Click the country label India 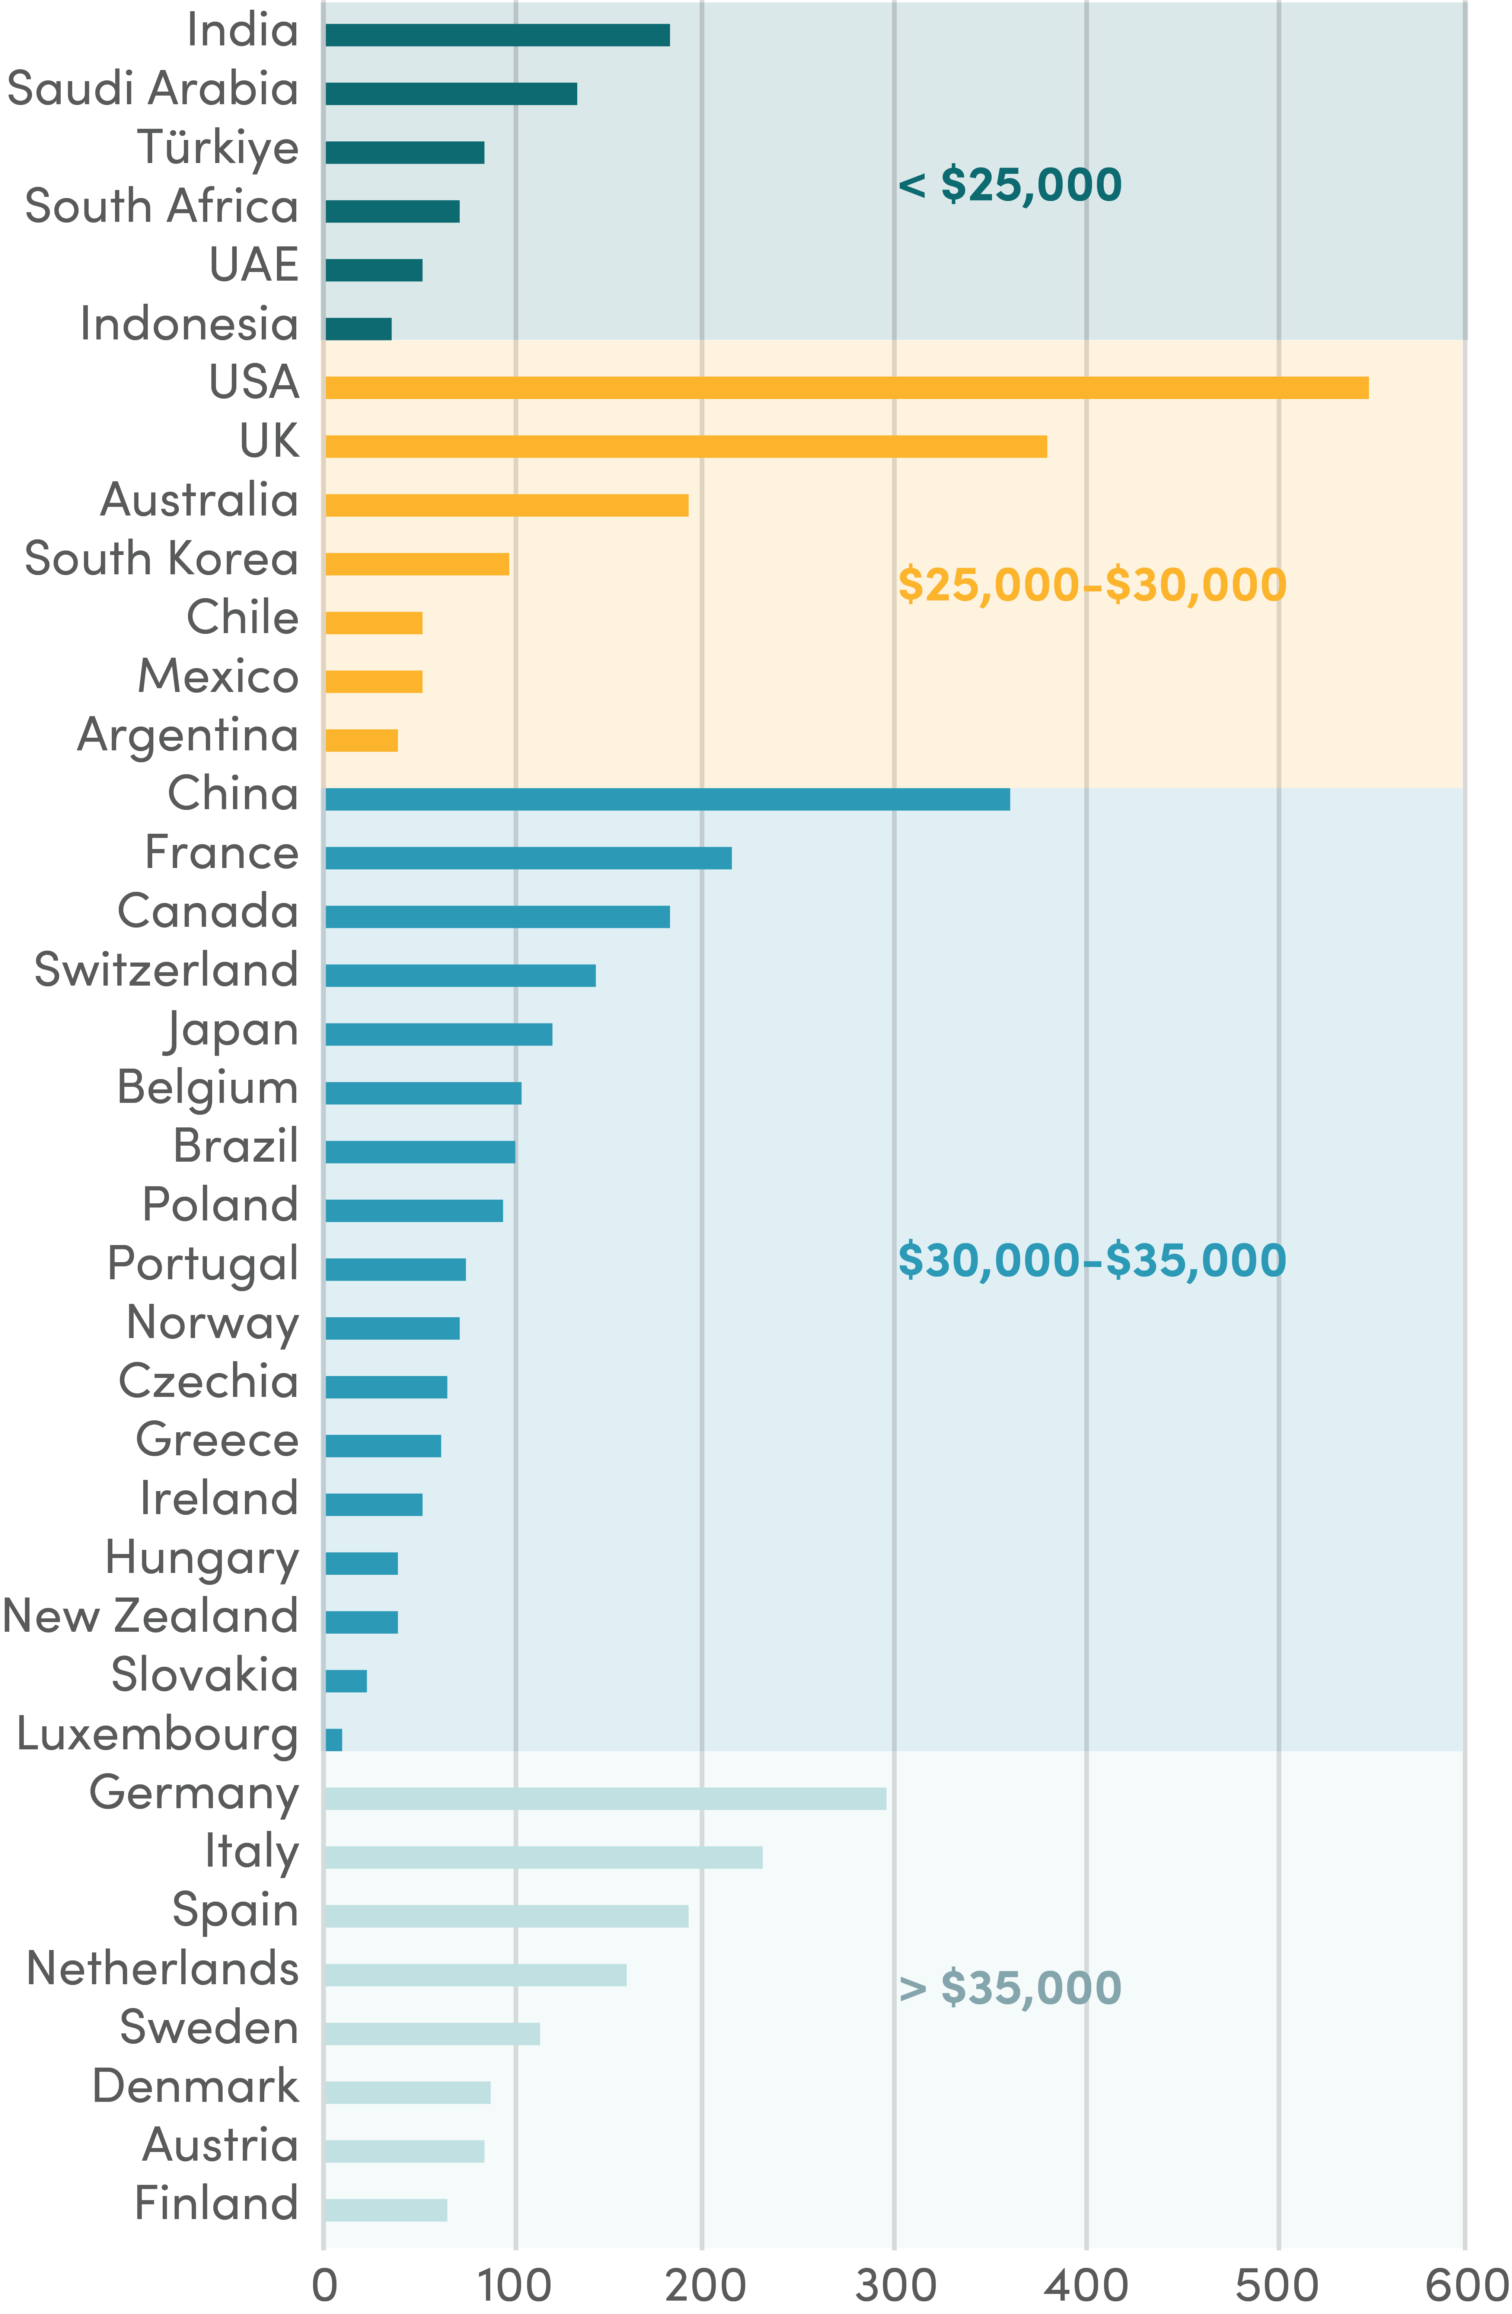(242, 30)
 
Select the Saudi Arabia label (153, 89)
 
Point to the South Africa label (162, 206)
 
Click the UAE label (254, 265)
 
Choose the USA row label (254, 382)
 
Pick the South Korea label (162, 559)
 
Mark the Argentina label (188, 735)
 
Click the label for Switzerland (166, 970)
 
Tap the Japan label (232, 1030)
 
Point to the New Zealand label (151, 1616)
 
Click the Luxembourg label (157, 1734)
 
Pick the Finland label (216, 2203)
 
